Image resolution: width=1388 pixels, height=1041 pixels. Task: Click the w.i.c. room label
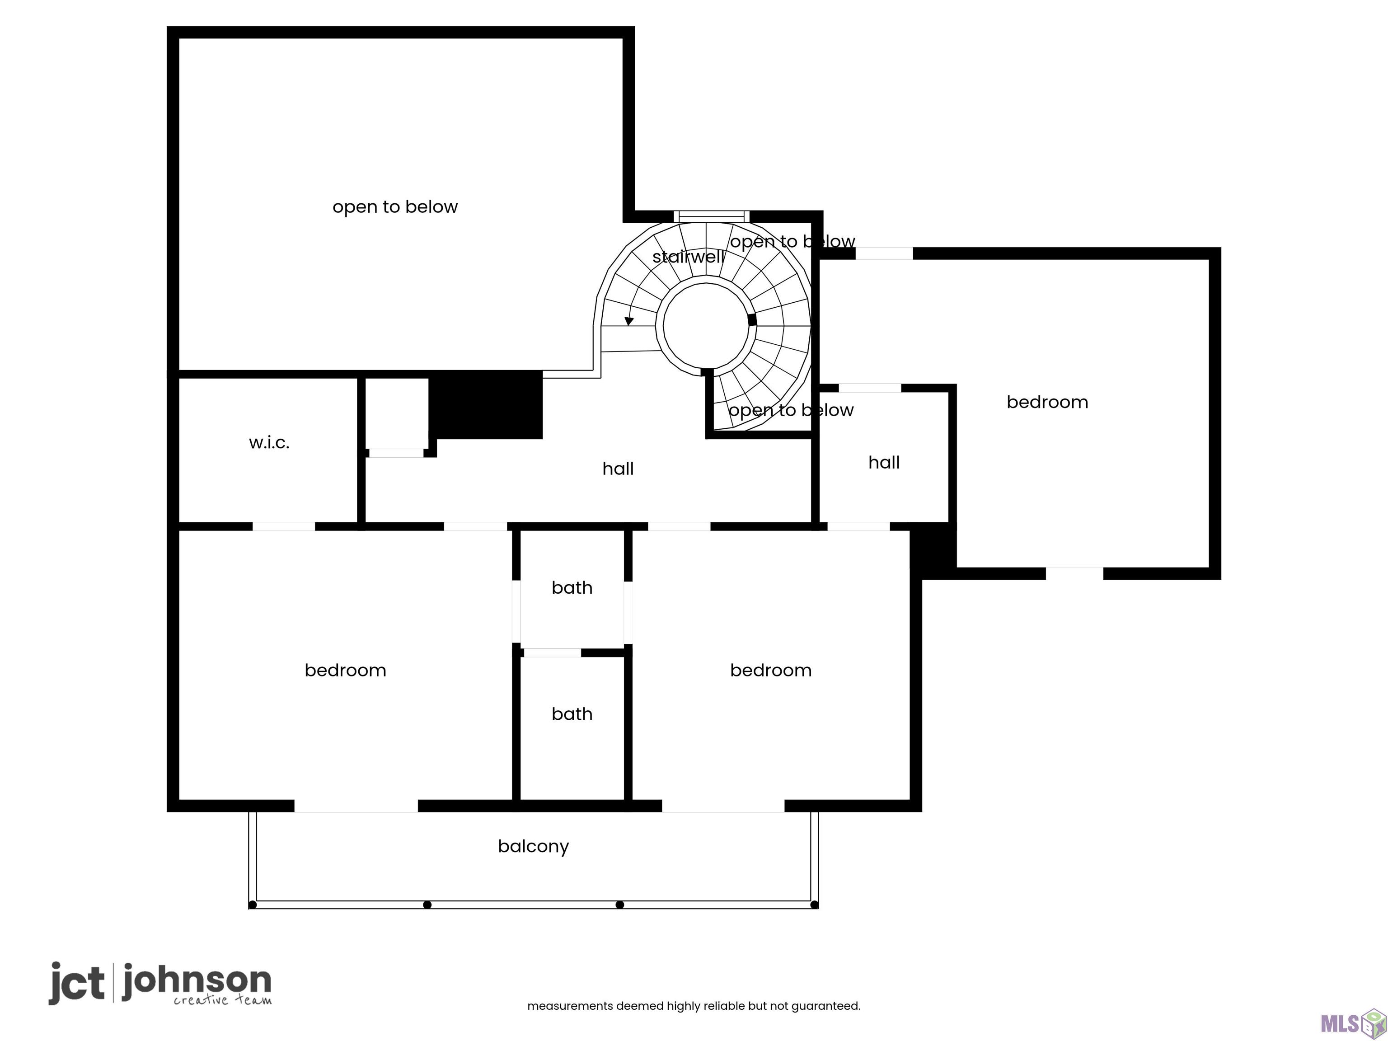[x=269, y=443]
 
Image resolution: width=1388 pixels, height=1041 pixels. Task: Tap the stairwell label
[x=689, y=257]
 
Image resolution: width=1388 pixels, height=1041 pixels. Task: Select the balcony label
[x=533, y=846]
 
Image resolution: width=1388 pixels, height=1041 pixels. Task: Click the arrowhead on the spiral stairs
[x=629, y=321]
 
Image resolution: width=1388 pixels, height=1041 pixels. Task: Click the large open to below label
[x=395, y=207]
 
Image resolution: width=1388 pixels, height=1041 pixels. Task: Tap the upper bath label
[x=572, y=588]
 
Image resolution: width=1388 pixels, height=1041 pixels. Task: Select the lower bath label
[x=572, y=714]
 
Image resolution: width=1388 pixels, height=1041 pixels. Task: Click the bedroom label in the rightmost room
[x=1047, y=402]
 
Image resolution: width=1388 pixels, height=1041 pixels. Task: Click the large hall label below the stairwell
[x=618, y=469]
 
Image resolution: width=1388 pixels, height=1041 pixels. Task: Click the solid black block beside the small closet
[x=486, y=405]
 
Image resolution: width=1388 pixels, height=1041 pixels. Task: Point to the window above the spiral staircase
[x=712, y=216]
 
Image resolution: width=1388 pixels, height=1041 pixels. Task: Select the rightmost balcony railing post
[x=815, y=905]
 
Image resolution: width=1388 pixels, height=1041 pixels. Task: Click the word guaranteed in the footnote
[x=825, y=1007]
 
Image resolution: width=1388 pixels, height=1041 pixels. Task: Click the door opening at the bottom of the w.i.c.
[x=284, y=526]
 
